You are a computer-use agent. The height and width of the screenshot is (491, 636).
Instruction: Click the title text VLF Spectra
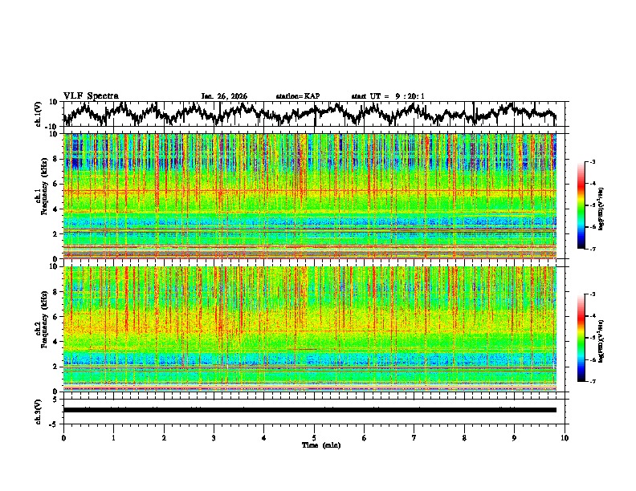tap(91, 95)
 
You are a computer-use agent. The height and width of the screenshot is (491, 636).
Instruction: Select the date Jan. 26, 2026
tap(224, 96)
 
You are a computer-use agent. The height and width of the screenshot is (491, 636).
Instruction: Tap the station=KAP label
tap(297, 96)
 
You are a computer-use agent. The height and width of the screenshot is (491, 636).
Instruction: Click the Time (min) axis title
tap(314, 444)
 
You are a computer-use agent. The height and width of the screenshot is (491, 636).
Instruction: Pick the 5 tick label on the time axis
tap(314, 437)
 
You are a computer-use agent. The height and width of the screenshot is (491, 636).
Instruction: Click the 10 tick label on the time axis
tap(565, 437)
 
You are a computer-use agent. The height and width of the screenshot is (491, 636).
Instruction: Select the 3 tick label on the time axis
tap(214, 437)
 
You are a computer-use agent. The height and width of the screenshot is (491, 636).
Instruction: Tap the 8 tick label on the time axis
tap(464, 437)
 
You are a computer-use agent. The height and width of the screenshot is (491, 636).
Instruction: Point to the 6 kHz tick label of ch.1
tap(55, 184)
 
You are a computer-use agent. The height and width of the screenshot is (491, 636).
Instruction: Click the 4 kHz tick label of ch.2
tap(55, 341)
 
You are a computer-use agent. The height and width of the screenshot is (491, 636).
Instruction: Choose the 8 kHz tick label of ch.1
tap(55, 159)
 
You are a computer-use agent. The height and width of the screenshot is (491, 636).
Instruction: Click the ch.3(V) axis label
tap(38, 410)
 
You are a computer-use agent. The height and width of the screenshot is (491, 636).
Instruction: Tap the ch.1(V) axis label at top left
tap(38, 115)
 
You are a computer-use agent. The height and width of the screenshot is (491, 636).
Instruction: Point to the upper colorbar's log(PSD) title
tap(601, 205)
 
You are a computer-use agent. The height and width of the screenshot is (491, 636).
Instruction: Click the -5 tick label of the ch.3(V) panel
tap(54, 423)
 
